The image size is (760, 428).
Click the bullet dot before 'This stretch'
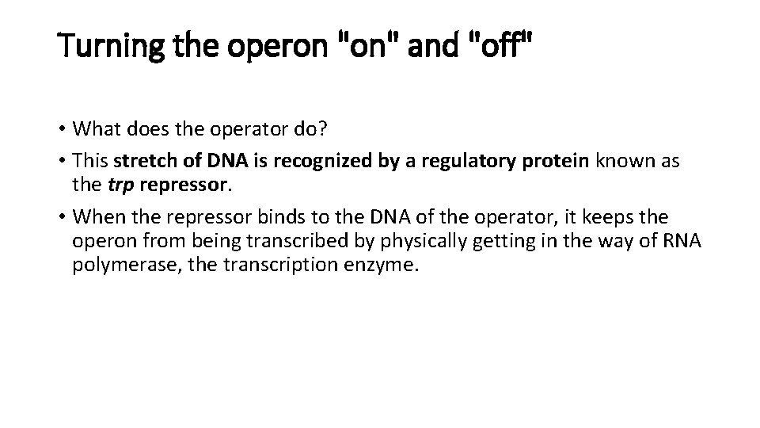click(x=62, y=161)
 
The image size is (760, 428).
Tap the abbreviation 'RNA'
click(x=682, y=240)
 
